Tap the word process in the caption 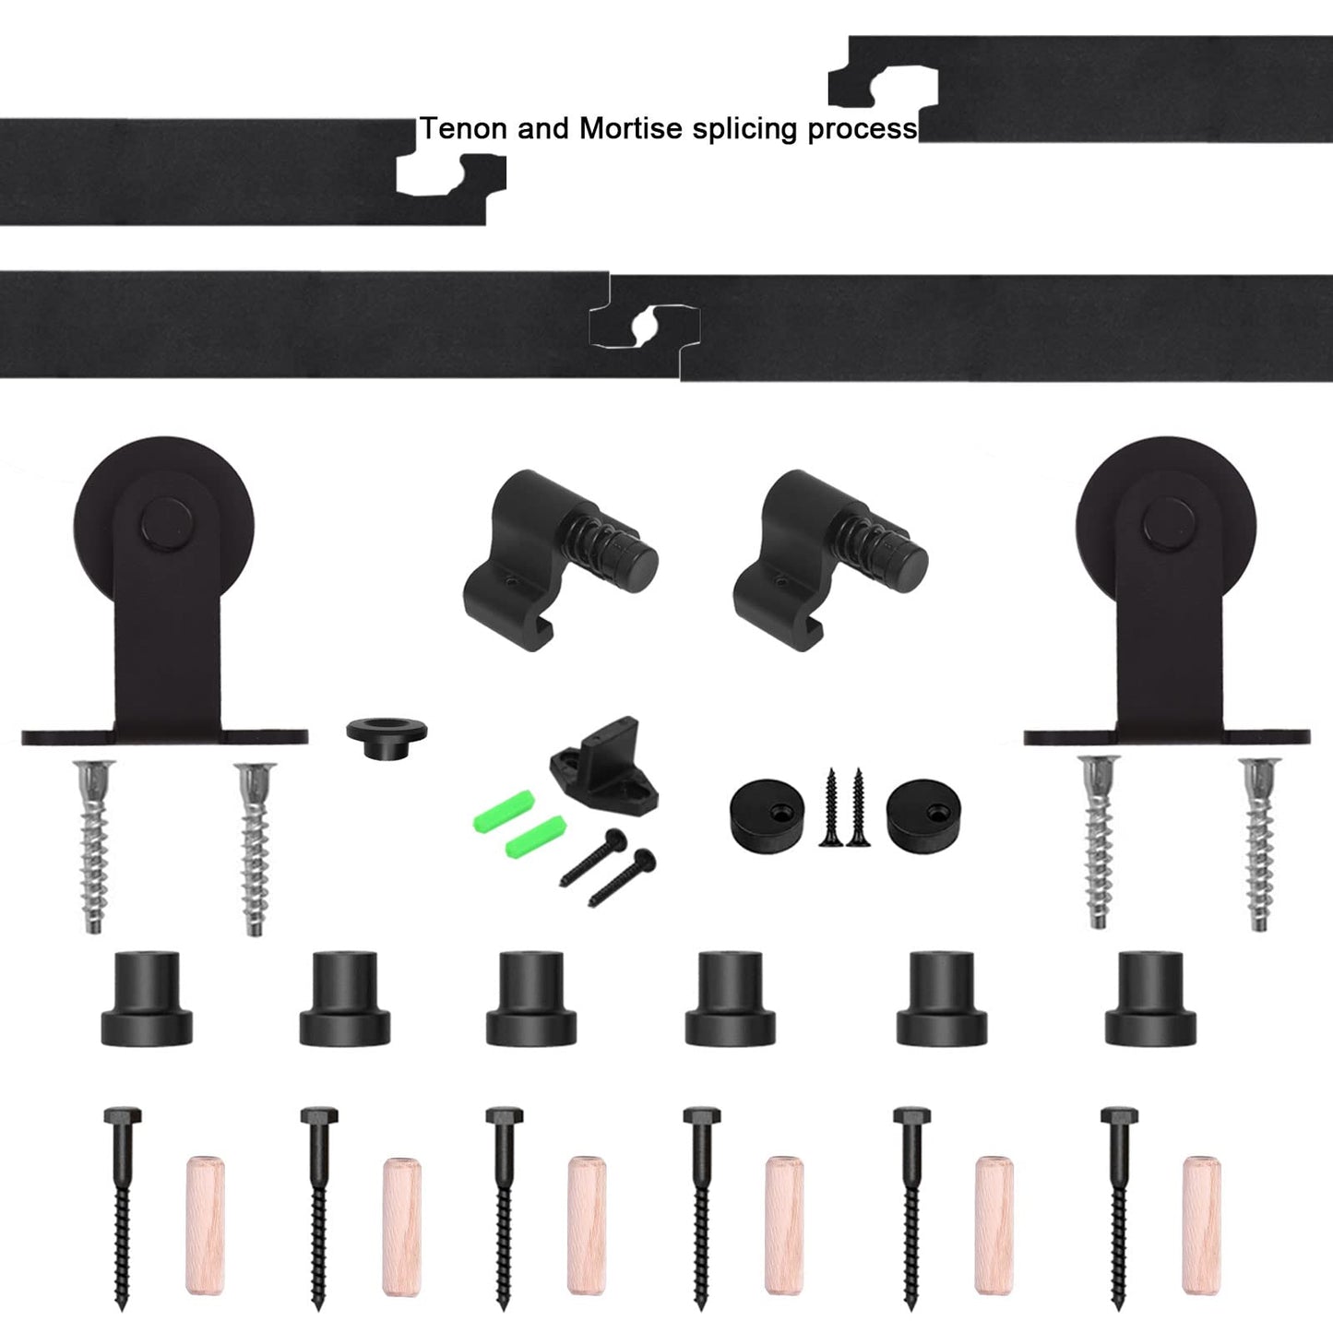click(863, 129)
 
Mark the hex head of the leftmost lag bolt click(121, 1117)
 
